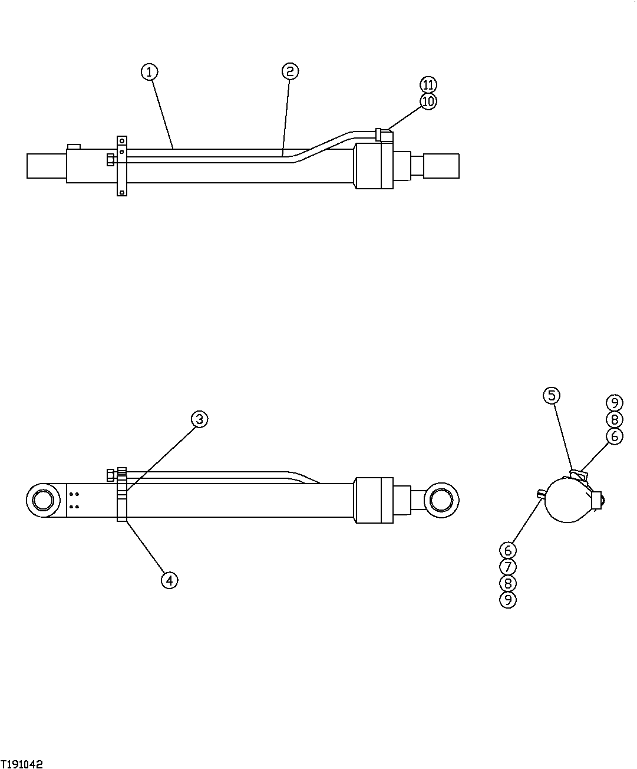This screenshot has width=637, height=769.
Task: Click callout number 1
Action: click(x=150, y=72)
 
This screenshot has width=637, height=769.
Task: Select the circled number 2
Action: click(x=289, y=72)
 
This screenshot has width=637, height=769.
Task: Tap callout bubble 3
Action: click(x=199, y=419)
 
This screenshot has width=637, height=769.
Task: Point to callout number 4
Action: click(x=169, y=580)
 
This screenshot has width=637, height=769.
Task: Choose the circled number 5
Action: click(x=551, y=395)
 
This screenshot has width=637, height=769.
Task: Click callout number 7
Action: click(x=507, y=567)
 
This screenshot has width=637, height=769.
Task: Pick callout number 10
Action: click(x=428, y=101)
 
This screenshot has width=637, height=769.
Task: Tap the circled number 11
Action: click(x=428, y=84)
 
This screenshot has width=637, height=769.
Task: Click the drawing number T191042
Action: click(x=22, y=764)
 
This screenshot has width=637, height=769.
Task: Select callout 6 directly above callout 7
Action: click(x=507, y=550)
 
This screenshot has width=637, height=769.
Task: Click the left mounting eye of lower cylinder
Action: click(x=44, y=500)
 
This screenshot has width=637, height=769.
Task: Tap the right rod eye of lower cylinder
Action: click(x=442, y=500)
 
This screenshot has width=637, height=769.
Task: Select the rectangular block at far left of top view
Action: click(x=47, y=165)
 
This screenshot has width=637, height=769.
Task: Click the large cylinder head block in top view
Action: click(x=372, y=167)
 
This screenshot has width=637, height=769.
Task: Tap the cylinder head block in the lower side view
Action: click(x=372, y=500)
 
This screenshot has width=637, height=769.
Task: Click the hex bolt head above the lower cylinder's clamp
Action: click(x=110, y=475)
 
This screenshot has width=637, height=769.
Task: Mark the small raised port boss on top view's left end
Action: click(x=74, y=146)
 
